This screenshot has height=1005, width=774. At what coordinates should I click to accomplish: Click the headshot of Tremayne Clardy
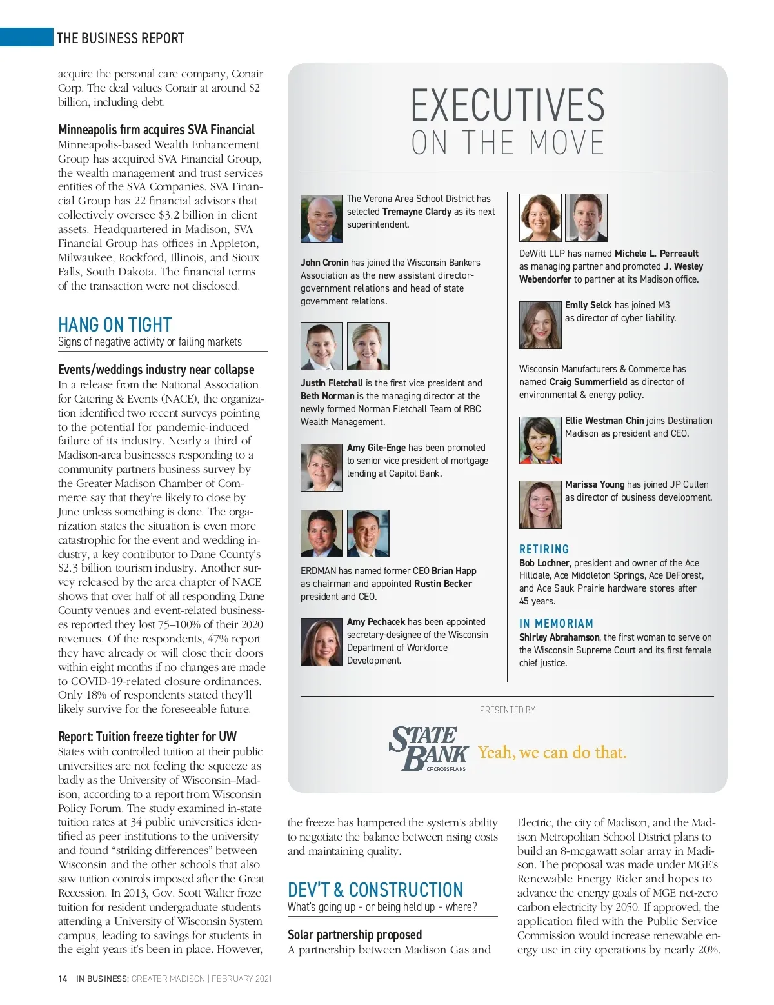321,219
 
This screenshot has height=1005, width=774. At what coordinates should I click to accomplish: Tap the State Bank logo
428,749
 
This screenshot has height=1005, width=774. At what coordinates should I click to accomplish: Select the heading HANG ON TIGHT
115,324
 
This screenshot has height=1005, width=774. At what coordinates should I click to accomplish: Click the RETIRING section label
544,549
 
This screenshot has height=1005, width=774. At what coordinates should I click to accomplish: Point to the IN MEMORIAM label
556,623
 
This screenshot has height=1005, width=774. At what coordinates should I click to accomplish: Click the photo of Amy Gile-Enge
321,468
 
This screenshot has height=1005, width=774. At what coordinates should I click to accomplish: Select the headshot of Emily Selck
540,325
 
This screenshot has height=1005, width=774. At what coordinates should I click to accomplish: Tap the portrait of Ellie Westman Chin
540,441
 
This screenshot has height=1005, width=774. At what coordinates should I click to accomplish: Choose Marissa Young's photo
540,504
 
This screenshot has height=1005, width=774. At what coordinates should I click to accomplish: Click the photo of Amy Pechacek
321,642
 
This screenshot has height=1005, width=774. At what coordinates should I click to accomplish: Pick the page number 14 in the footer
63,979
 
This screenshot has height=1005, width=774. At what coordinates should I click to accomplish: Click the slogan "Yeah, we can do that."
552,752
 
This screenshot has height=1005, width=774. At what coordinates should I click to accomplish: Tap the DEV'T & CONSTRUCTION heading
375,890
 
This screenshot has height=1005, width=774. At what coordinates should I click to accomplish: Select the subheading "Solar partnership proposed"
355,935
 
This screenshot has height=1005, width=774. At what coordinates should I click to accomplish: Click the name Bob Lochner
544,563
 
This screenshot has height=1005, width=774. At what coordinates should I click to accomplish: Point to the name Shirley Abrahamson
559,637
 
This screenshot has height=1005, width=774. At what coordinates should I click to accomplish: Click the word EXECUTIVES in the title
508,106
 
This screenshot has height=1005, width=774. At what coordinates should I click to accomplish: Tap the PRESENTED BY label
508,710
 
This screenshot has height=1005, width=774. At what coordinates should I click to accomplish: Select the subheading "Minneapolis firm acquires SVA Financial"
156,130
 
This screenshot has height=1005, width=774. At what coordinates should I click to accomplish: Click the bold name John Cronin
324,263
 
